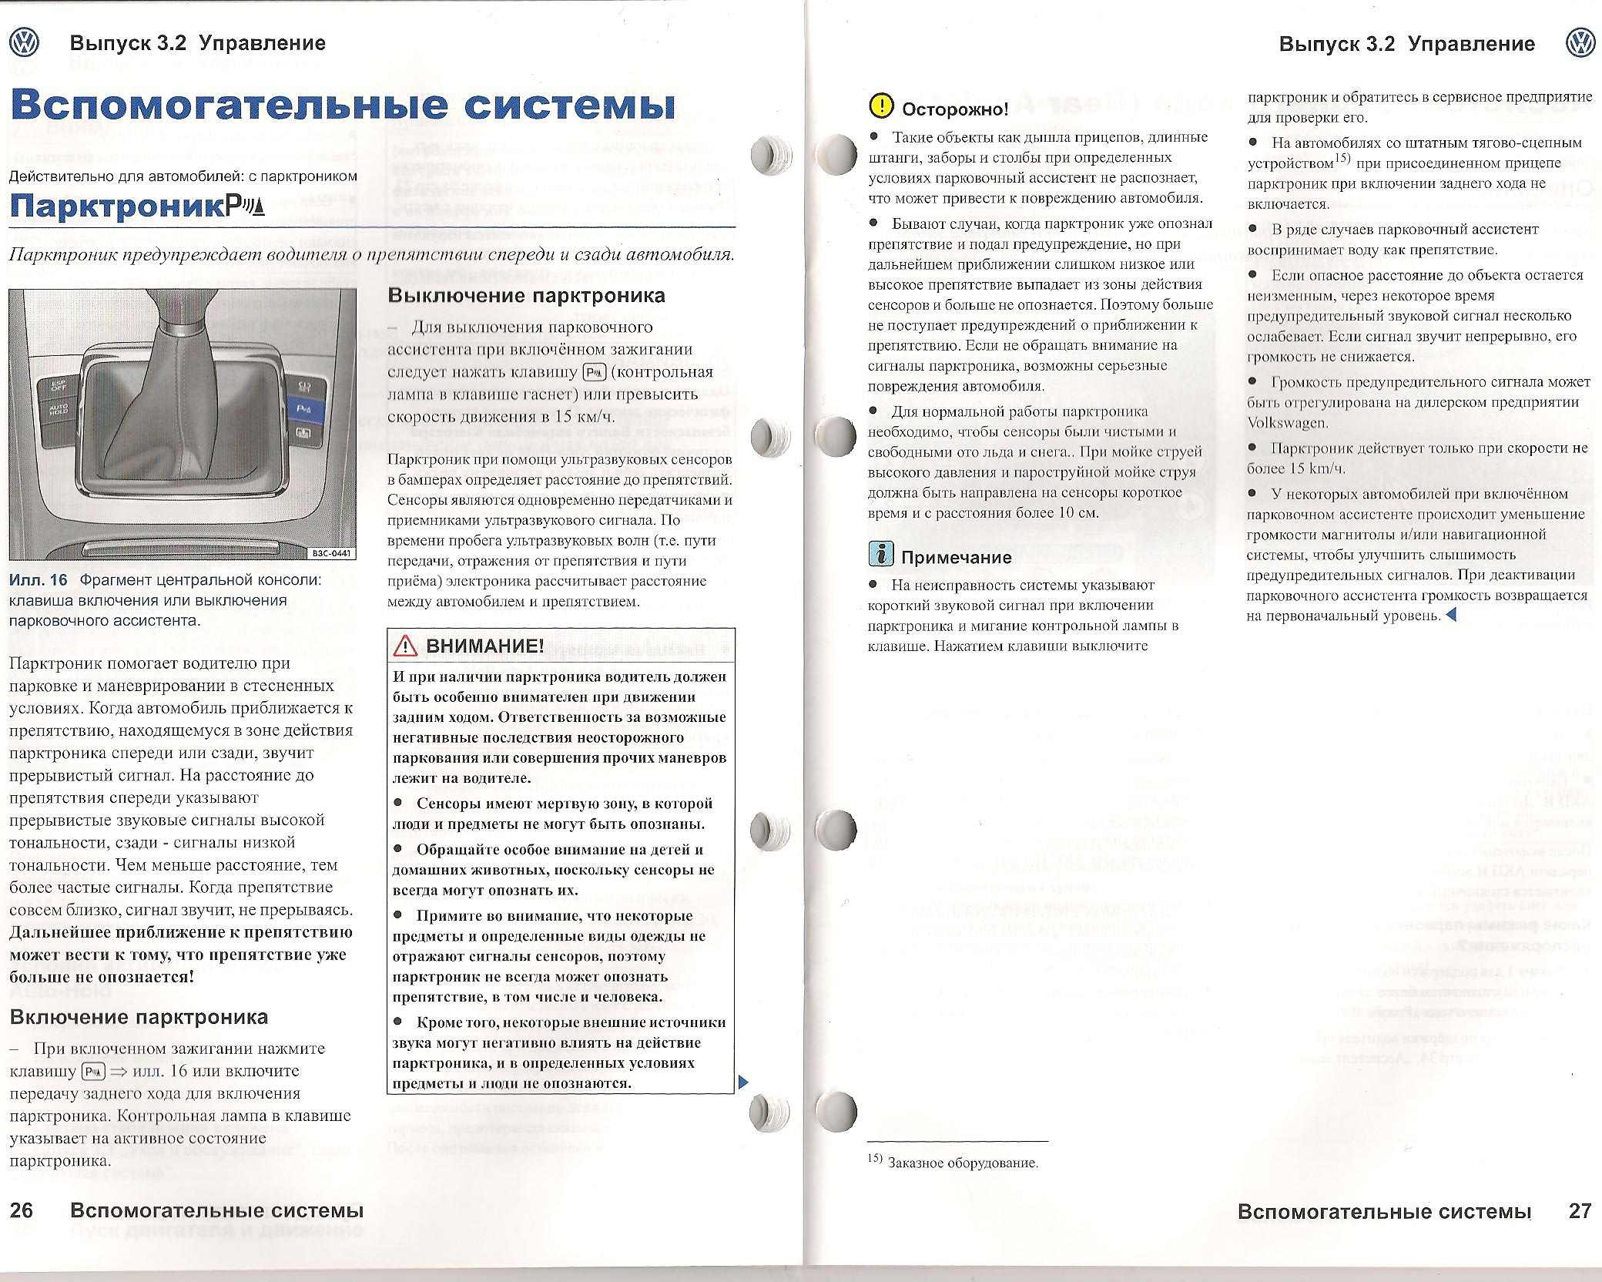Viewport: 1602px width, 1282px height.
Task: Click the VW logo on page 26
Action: [24, 43]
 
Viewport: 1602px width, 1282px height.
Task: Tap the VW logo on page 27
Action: [1580, 44]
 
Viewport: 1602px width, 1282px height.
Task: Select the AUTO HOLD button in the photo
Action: [59, 409]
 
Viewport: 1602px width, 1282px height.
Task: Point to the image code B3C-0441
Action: [332, 552]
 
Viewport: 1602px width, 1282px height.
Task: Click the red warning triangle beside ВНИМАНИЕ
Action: [405, 646]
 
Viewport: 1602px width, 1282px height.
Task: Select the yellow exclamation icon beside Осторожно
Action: [881, 106]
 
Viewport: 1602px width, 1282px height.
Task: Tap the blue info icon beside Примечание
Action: [881, 554]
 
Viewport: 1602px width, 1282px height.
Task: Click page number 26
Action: [22, 1210]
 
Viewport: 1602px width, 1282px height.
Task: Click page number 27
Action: [1580, 1211]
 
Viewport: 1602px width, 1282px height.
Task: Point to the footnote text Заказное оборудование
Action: [963, 1163]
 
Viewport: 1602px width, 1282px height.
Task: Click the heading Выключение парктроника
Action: [526, 296]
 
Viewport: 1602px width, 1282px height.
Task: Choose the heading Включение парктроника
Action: [139, 1017]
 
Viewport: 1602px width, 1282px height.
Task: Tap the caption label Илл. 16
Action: [39, 580]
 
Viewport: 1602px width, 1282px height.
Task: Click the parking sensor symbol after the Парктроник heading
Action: [246, 206]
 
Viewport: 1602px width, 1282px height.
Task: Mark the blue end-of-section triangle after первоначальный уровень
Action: [1451, 616]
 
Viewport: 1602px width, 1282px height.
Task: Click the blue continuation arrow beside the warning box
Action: [743, 1082]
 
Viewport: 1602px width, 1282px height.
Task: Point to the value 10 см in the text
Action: [1078, 513]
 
